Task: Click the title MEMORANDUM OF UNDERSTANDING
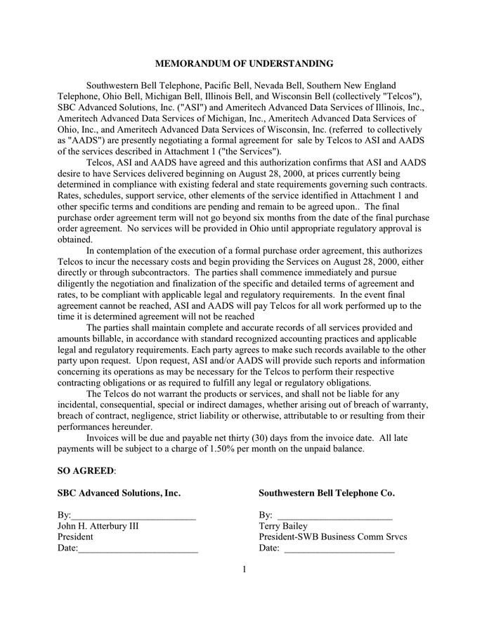point(244,64)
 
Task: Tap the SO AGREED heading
point(86,470)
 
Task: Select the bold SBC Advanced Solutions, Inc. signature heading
point(119,493)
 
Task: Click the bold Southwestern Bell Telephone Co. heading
point(326,493)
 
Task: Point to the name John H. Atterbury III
point(93,526)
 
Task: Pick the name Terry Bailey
point(283,526)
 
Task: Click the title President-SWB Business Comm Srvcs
point(332,537)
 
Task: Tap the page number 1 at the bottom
point(244,569)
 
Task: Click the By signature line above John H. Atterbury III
point(133,516)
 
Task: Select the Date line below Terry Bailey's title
point(339,549)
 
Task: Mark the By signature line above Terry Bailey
point(334,516)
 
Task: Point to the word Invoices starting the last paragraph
point(105,437)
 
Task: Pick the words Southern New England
point(354,86)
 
